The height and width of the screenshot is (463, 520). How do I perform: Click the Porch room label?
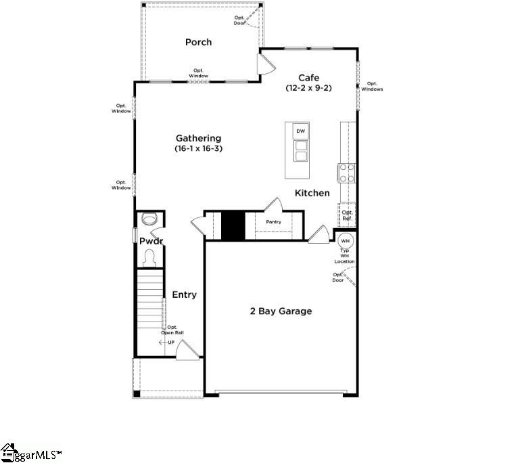tap(198, 42)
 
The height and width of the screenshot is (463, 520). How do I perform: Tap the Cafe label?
tap(308, 78)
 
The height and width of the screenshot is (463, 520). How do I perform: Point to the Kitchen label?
tap(312, 193)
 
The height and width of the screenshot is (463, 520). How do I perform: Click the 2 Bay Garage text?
tap(281, 311)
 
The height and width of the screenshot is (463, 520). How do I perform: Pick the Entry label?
tap(184, 294)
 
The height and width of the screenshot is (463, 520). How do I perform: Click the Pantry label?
tap(273, 222)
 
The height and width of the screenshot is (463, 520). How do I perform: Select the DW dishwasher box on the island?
tap(301, 131)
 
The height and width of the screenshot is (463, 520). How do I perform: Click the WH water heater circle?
tap(345, 240)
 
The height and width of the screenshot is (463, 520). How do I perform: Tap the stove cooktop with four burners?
tap(347, 173)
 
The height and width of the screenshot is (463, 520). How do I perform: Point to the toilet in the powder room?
tap(149, 219)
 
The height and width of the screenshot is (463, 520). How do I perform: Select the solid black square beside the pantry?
tap(232, 225)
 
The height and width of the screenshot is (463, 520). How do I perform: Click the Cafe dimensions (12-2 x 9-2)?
tap(308, 88)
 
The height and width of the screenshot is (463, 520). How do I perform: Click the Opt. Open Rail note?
tap(172, 330)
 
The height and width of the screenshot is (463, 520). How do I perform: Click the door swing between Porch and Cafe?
tap(265, 64)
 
